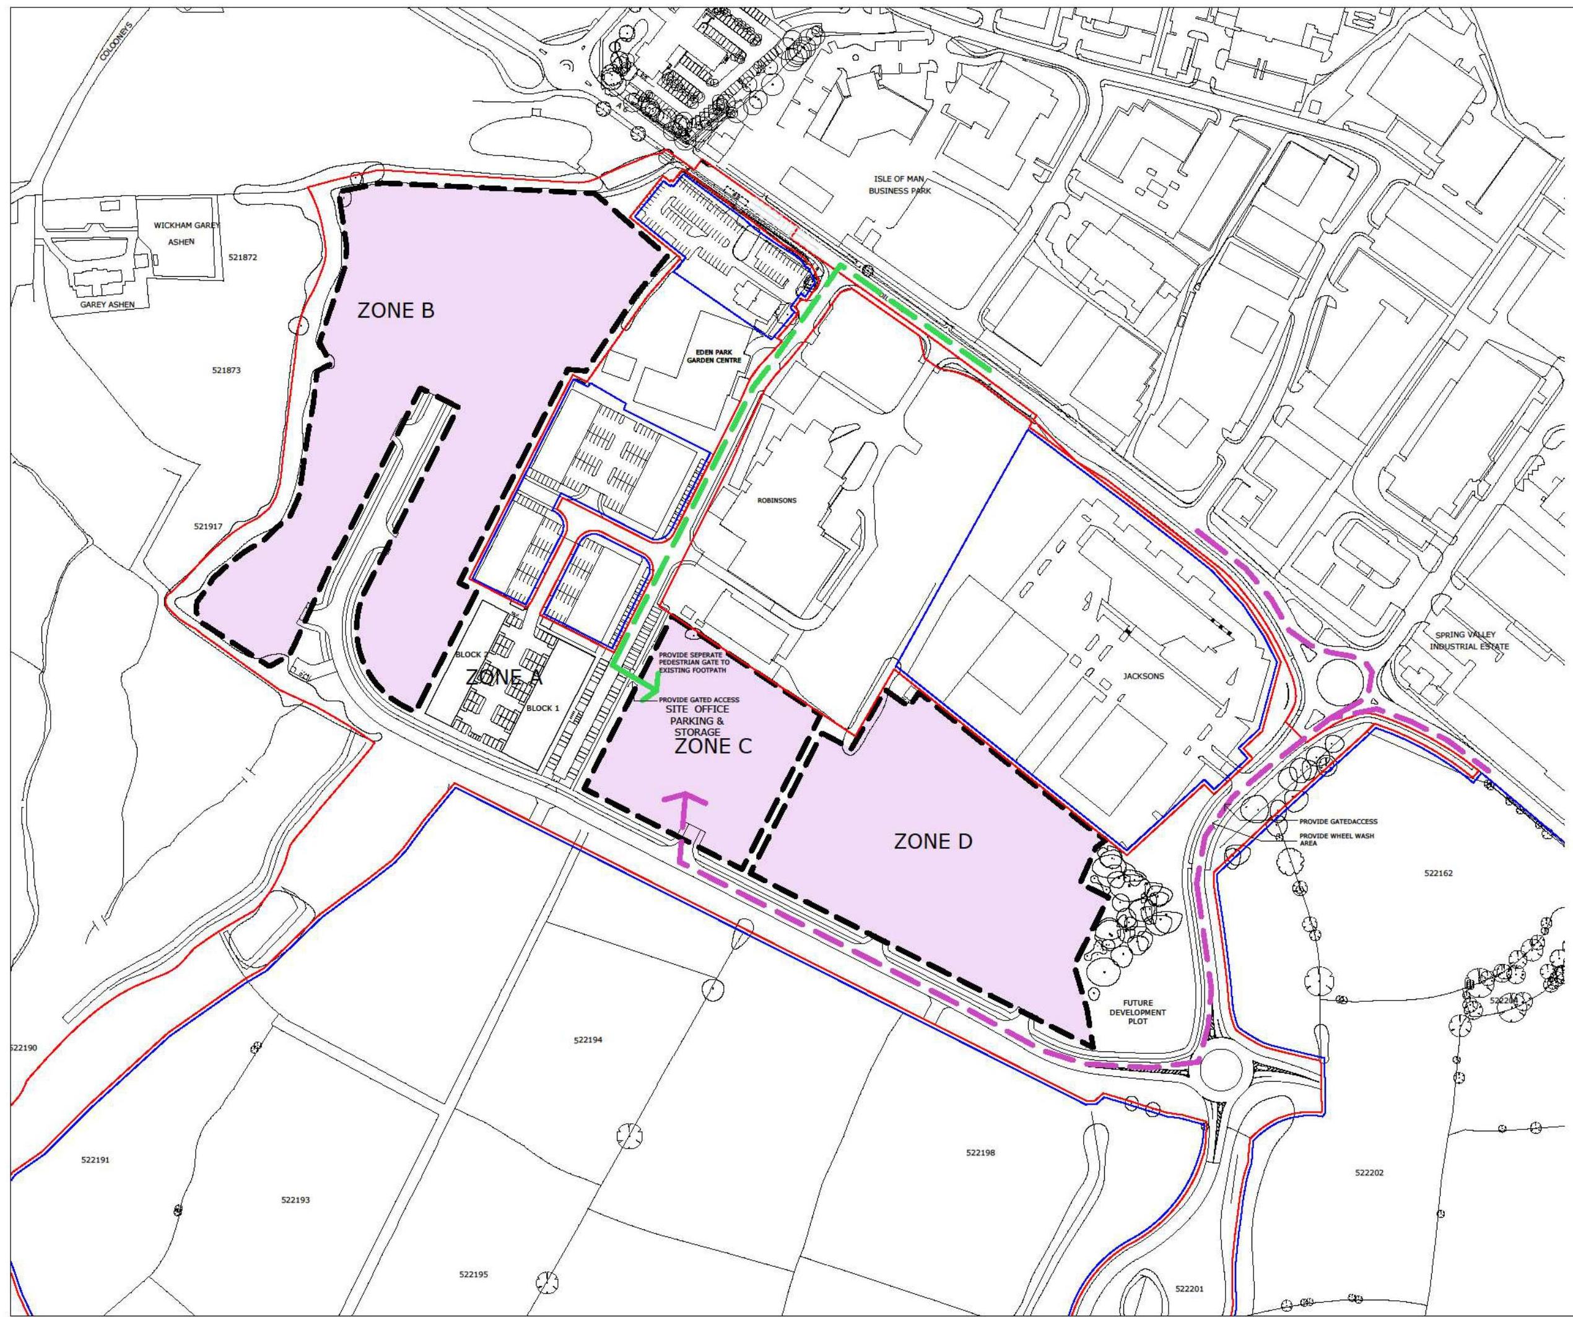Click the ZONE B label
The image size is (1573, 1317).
click(x=396, y=311)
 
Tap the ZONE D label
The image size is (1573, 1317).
click(x=933, y=841)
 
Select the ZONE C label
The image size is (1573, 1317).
click(x=713, y=747)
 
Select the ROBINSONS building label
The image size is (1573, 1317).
click(x=777, y=500)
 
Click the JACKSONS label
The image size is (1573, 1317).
click(x=1143, y=676)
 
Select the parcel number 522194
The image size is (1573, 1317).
click(x=587, y=1040)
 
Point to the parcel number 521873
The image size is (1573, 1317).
click(x=226, y=370)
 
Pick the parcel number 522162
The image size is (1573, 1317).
click(x=1438, y=873)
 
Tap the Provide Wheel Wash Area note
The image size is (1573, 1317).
click(x=1336, y=840)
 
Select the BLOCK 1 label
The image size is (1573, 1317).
click(x=542, y=708)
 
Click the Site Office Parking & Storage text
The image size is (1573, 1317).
click(x=697, y=720)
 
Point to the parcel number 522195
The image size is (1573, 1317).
click(x=473, y=1274)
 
